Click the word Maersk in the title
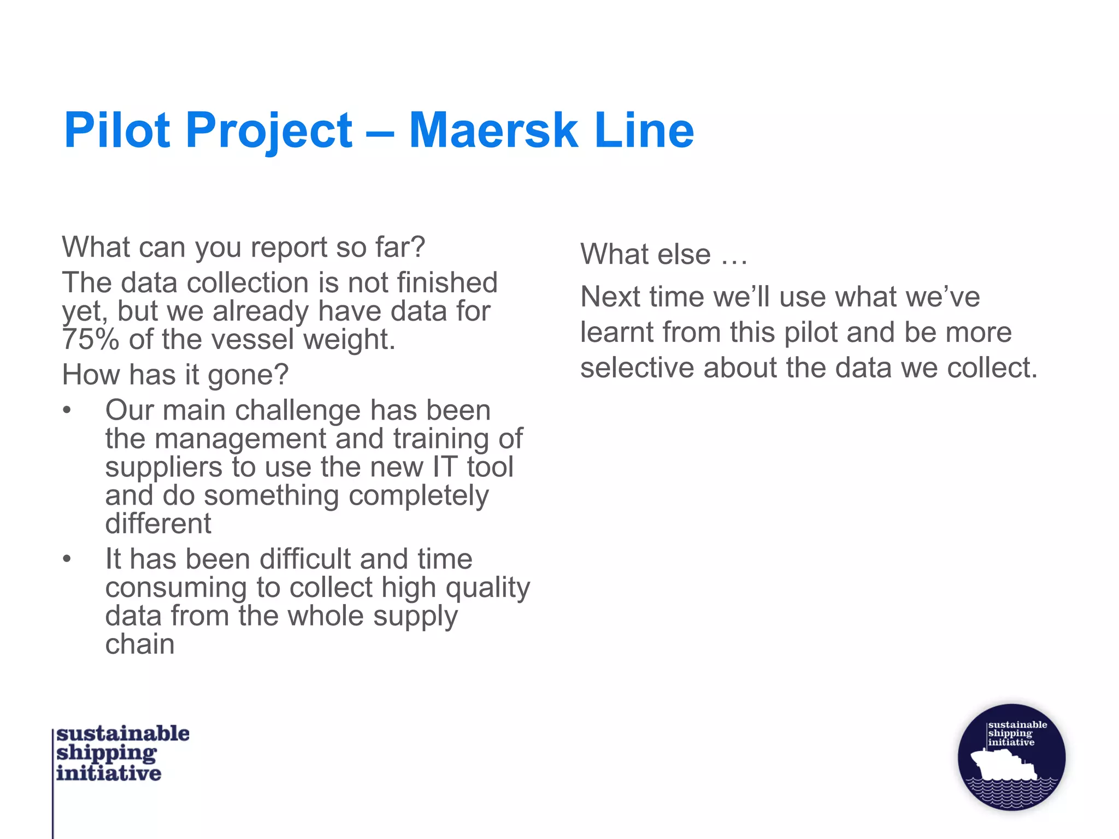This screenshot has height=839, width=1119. (x=493, y=131)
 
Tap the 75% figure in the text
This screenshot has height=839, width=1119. (x=90, y=339)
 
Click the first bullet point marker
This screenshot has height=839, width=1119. (x=67, y=410)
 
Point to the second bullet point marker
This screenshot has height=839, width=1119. (x=67, y=559)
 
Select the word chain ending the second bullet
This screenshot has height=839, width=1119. (x=140, y=645)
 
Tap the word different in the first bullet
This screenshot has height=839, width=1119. (x=158, y=524)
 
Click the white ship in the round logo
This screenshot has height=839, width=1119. (x=1004, y=764)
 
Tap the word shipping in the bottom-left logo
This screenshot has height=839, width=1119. (x=107, y=753)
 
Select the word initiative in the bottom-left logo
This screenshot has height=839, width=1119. (x=109, y=773)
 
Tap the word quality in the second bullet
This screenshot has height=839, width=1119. (x=487, y=588)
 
